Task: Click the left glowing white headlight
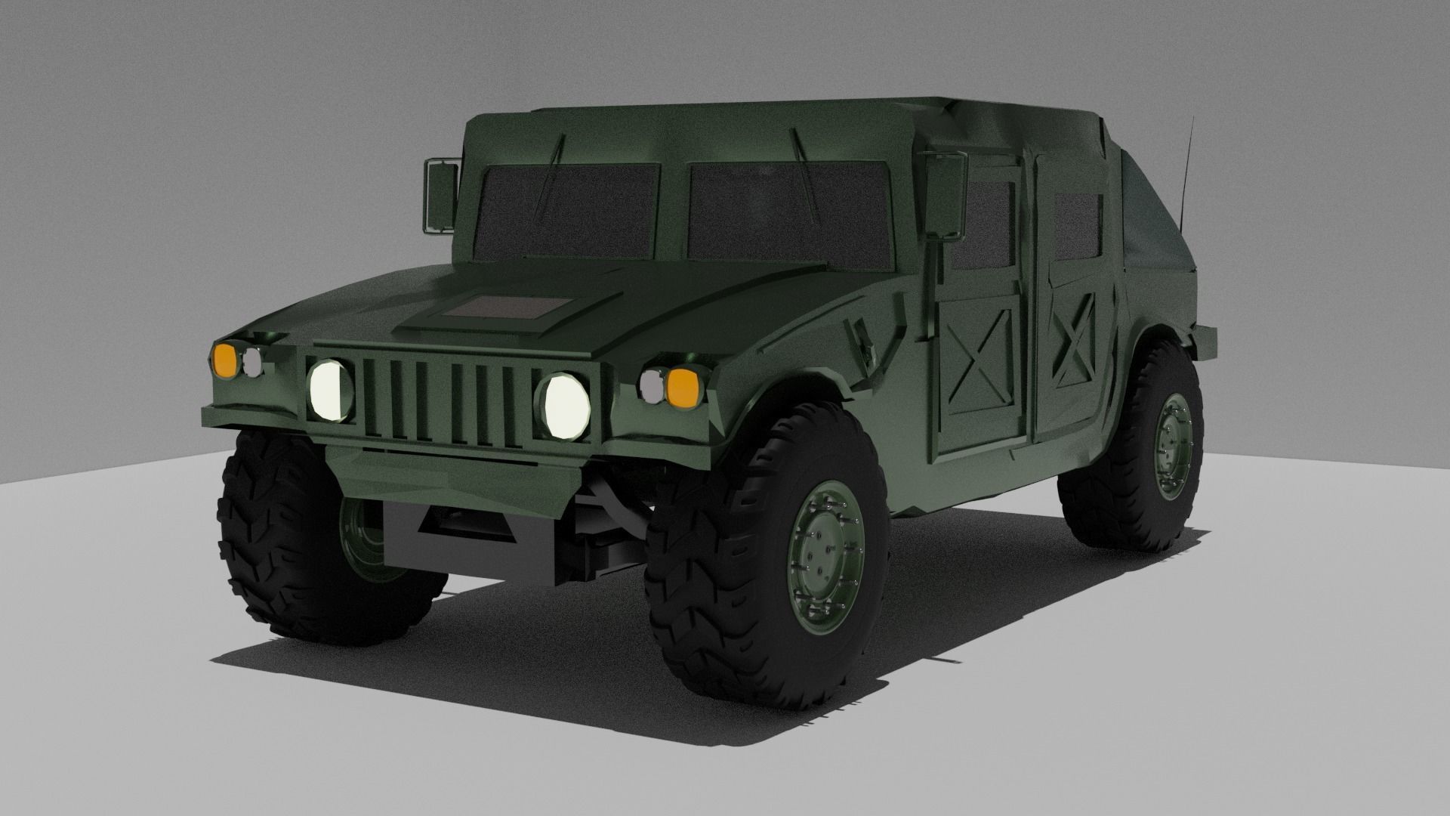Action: pyautogui.click(x=331, y=390)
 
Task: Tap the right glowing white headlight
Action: pyautogui.click(x=564, y=406)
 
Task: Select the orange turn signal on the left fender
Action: pyautogui.click(x=224, y=357)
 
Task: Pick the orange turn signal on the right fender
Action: pyautogui.click(x=683, y=386)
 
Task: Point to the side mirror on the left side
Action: pyautogui.click(x=441, y=195)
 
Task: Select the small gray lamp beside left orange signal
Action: pyautogui.click(x=251, y=361)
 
